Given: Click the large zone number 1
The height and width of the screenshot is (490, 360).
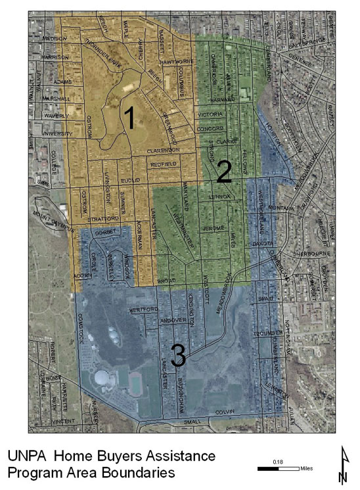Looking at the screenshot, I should coord(129,118).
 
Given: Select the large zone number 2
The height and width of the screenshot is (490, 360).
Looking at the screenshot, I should coord(223,172).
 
